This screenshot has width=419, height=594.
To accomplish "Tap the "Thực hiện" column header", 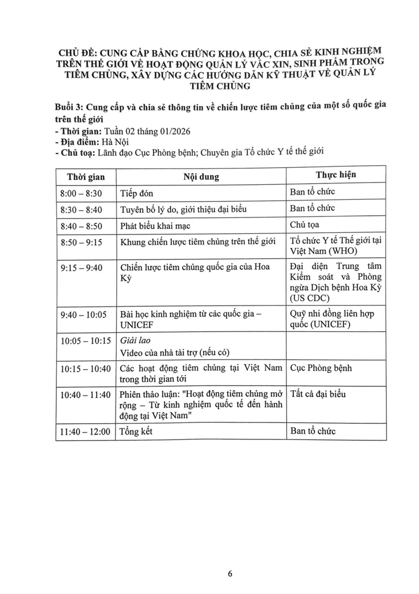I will (x=336, y=175).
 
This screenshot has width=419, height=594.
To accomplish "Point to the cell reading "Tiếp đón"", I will (x=137, y=193).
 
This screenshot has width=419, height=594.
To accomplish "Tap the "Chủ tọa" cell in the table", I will (x=306, y=225).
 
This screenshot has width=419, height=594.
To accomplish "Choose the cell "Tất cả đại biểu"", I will (x=318, y=395).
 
